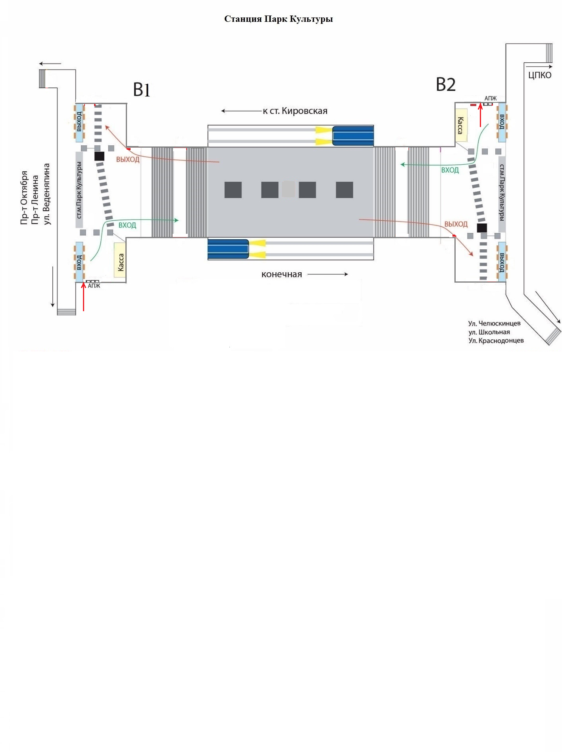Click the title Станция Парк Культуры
click(278, 19)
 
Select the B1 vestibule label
click(142, 90)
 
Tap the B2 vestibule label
click(446, 85)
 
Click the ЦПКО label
click(540, 75)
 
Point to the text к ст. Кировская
click(295, 111)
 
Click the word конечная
click(282, 274)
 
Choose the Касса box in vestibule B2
click(461, 125)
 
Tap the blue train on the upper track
click(353, 136)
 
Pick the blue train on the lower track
click(228, 249)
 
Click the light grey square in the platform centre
click(289, 189)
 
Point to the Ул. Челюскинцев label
click(494, 324)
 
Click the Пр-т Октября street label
click(25, 198)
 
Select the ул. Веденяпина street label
click(47, 194)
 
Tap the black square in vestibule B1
click(99, 156)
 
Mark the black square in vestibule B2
click(482, 228)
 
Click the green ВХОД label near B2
click(450, 170)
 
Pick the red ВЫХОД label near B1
click(128, 160)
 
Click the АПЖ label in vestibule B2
click(491, 98)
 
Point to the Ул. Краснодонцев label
click(496, 341)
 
